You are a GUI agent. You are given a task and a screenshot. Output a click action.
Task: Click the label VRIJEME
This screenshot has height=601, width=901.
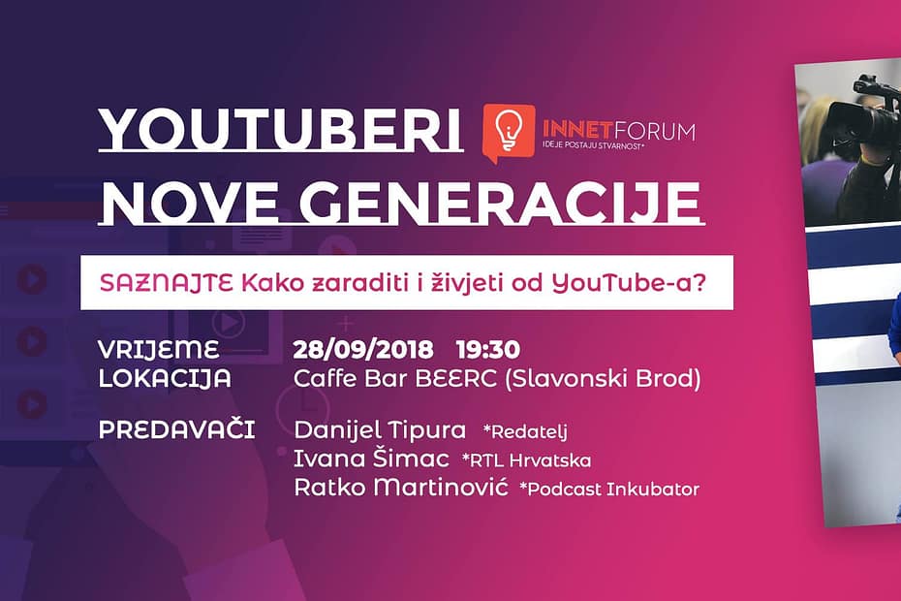159,349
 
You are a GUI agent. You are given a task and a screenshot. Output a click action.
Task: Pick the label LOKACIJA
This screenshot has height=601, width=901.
165,378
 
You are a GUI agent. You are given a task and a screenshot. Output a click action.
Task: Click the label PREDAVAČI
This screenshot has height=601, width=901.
176,428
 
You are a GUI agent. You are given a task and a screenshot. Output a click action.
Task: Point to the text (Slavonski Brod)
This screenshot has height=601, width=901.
601,378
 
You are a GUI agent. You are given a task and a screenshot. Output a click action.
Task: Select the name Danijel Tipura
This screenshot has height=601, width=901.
380,429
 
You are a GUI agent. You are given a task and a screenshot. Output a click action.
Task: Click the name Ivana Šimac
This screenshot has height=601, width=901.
373,459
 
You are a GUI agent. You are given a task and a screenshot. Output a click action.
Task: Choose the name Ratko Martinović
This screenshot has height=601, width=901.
401,488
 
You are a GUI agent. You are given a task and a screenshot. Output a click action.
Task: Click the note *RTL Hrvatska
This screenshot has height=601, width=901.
526,459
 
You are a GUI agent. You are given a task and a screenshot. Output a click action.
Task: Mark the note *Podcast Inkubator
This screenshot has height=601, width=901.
609,489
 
